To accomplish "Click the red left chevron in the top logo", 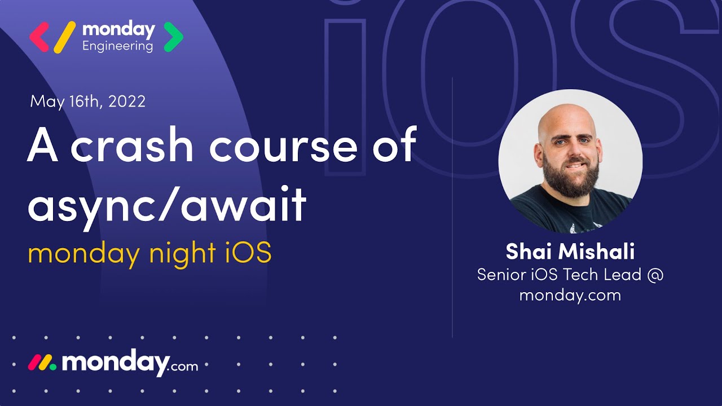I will click(39, 37).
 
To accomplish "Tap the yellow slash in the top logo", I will click(64, 37).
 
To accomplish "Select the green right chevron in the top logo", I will click(173, 37).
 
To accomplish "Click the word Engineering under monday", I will click(117, 46).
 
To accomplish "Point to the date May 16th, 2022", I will click(88, 101).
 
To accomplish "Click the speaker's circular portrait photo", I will click(570, 161).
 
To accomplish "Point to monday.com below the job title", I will click(570, 295).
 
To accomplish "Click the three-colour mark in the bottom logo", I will click(42, 363).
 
